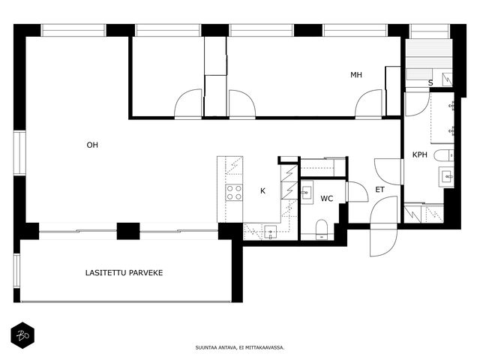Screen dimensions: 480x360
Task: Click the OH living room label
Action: (x=92, y=145)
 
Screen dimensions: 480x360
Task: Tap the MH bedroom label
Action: (x=356, y=75)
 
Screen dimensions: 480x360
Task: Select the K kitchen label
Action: (x=262, y=191)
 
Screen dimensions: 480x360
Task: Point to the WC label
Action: (x=327, y=199)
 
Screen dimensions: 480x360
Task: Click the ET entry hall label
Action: (x=379, y=190)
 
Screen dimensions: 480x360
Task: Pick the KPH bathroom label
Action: (x=420, y=155)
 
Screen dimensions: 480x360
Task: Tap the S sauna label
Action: (x=430, y=82)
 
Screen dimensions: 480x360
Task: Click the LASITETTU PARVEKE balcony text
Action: (x=124, y=273)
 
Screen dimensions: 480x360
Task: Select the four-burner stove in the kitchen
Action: (x=234, y=193)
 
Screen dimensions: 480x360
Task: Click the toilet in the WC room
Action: (x=322, y=229)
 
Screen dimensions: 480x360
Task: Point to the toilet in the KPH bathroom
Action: (x=444, y=155)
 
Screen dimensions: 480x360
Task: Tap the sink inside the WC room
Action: (x=307, y=193)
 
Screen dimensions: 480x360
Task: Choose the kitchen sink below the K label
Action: (x=270, y=232)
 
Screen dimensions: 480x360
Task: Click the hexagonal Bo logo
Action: (x=22, y=335)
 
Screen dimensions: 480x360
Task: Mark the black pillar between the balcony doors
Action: (x=128, y=231)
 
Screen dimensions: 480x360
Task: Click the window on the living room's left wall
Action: (x=19, y=153)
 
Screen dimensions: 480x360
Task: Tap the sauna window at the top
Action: (x=430, y=31)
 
